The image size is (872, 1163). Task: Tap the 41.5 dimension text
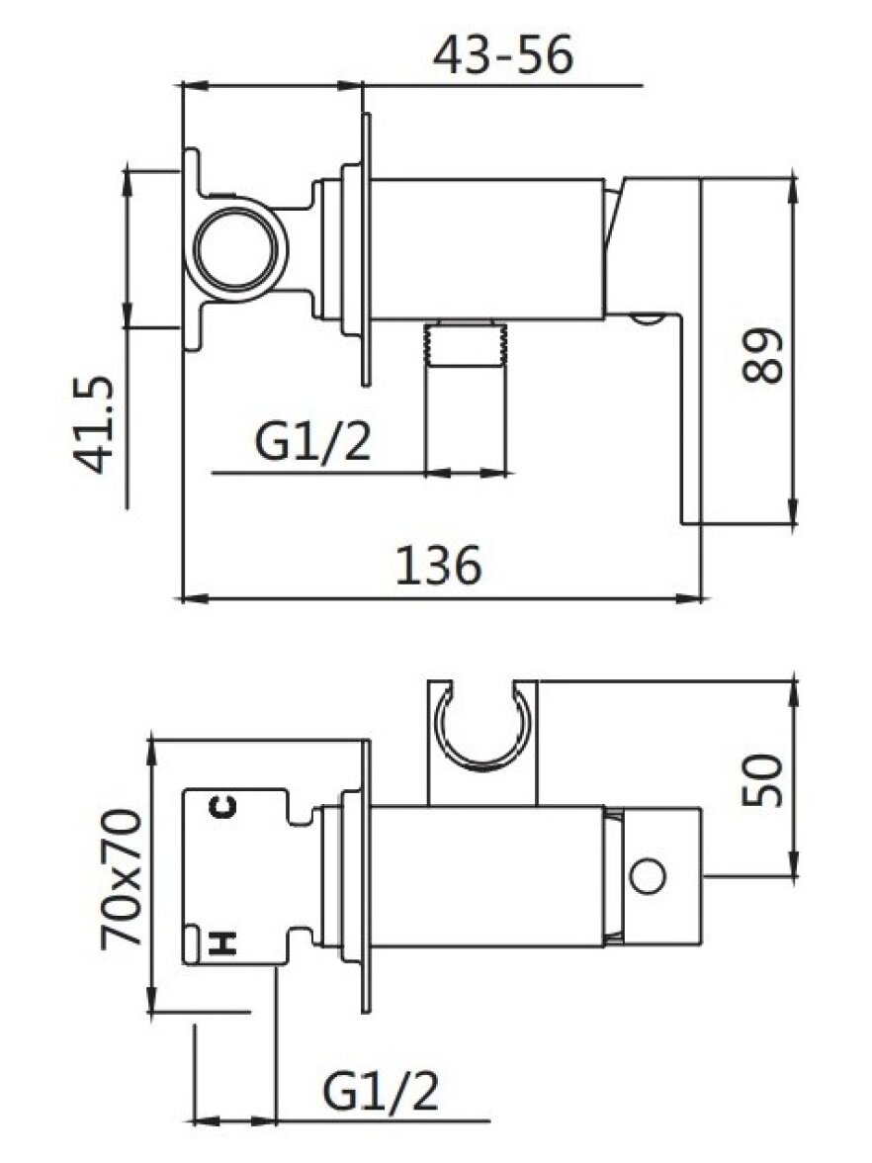(x=94, y=425)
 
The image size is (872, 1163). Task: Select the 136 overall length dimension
(x=438, y=566)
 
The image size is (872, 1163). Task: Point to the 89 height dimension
(x=762, y=355)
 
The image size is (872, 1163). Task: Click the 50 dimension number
(x=762, y=779)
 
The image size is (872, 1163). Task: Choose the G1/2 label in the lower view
(x=381, y=1090)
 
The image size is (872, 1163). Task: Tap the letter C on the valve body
(x=222, y=806)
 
